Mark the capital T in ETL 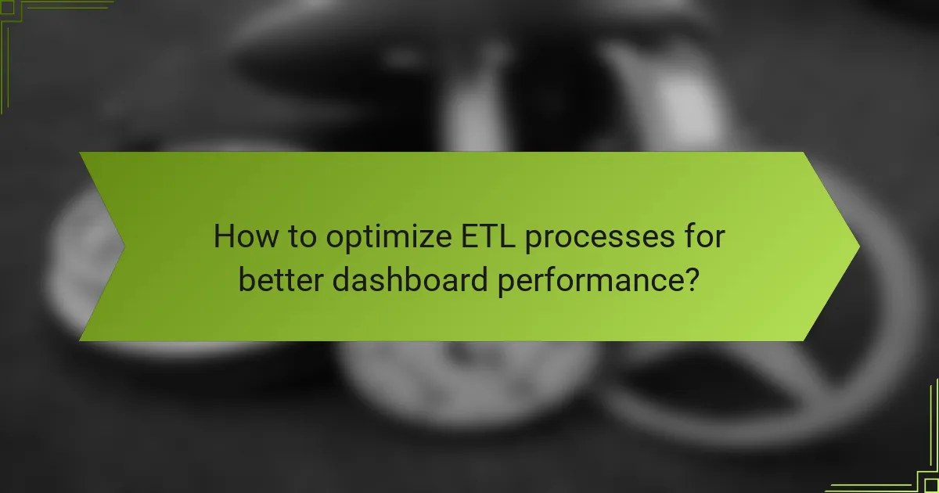[x=480, y=237]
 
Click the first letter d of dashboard [x=341, y=279]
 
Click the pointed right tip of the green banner [x=858, y=246]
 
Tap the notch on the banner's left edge [x=122, y=246]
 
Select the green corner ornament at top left [x=23, y=23]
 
